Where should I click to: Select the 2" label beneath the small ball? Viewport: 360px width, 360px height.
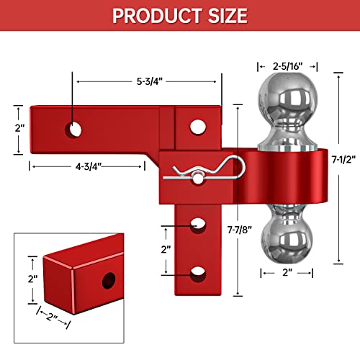point(287,273)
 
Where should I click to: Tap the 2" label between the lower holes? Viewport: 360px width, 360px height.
point(166,250)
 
